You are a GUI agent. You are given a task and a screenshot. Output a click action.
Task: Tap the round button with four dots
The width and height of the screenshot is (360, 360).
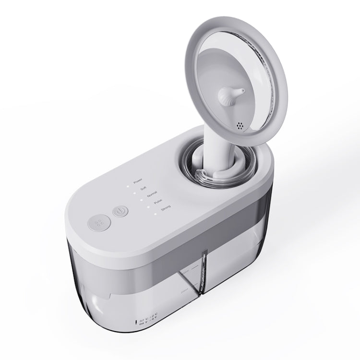pyautogui.click(x=99, y=224)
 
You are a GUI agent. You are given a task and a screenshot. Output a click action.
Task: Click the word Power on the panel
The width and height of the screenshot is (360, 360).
pyautogui.click(x=138, y=181)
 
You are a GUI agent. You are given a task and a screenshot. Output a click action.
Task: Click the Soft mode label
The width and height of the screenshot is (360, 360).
pyautogui.click(x=144, y=189)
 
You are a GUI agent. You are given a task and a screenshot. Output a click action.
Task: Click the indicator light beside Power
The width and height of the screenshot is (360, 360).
pyautogui.click(x=127, y=184)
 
